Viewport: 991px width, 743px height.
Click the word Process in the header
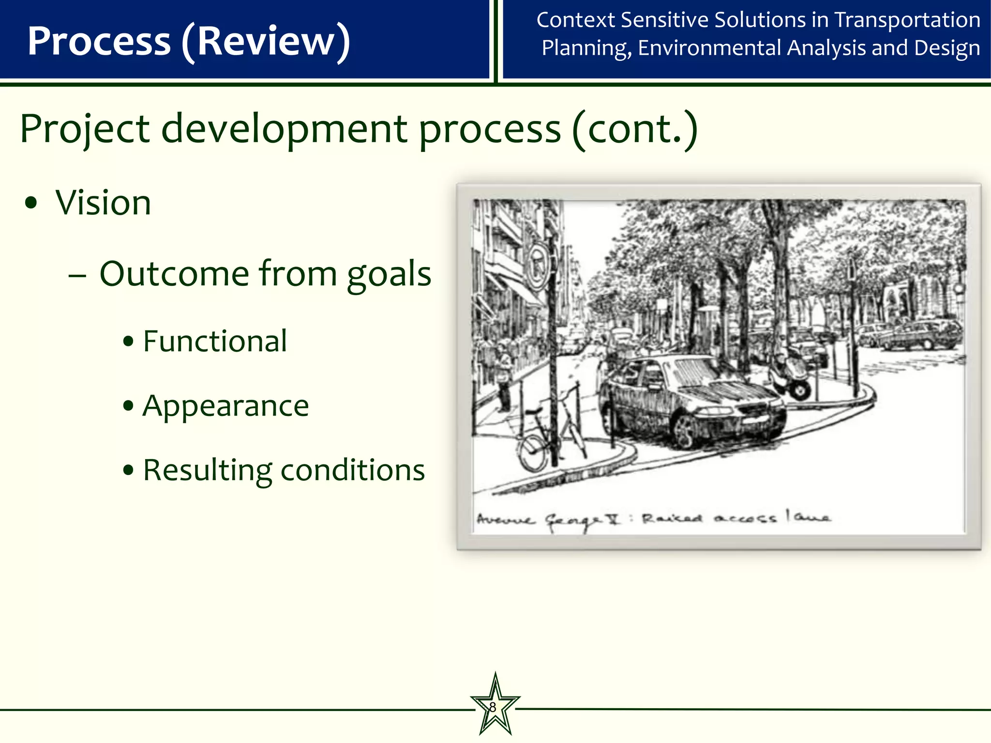coord(99,41)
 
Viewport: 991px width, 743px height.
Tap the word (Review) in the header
coord(266,42)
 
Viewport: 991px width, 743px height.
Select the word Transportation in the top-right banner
coord(907,20)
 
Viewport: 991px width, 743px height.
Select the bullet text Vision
coord(103,203)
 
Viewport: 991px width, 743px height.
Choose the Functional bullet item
coord(215,342)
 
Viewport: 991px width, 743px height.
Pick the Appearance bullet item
coord(225,406)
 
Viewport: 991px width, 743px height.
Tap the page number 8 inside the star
coord(493,707)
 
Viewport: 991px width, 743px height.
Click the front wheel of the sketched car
coord(685,430)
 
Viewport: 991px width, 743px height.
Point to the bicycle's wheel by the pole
coord(532,452)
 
